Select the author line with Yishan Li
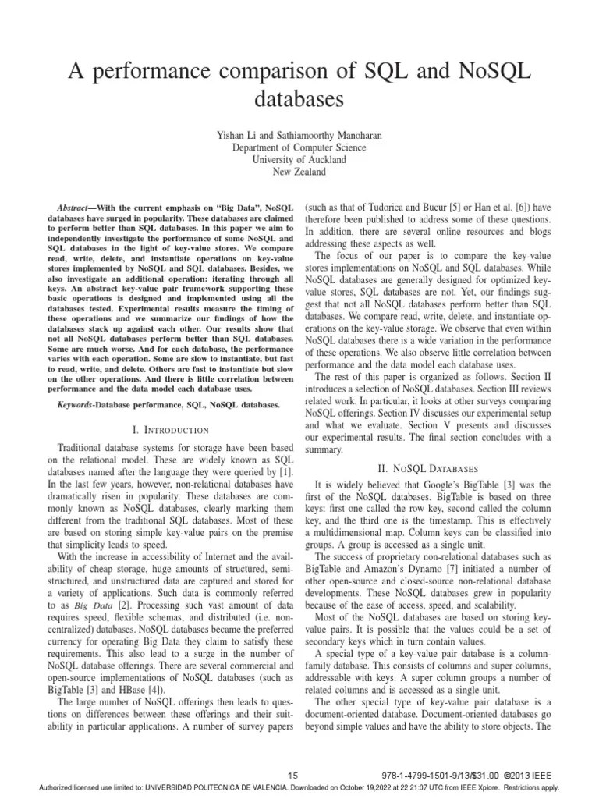[x=299, y=135]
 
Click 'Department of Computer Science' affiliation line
[x=299, y=147]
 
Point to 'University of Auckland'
[x=299, y=159]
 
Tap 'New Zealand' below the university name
[x=299, y=171]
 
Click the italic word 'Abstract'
[x=86, y=208]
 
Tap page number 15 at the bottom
[x=293, y=775]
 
